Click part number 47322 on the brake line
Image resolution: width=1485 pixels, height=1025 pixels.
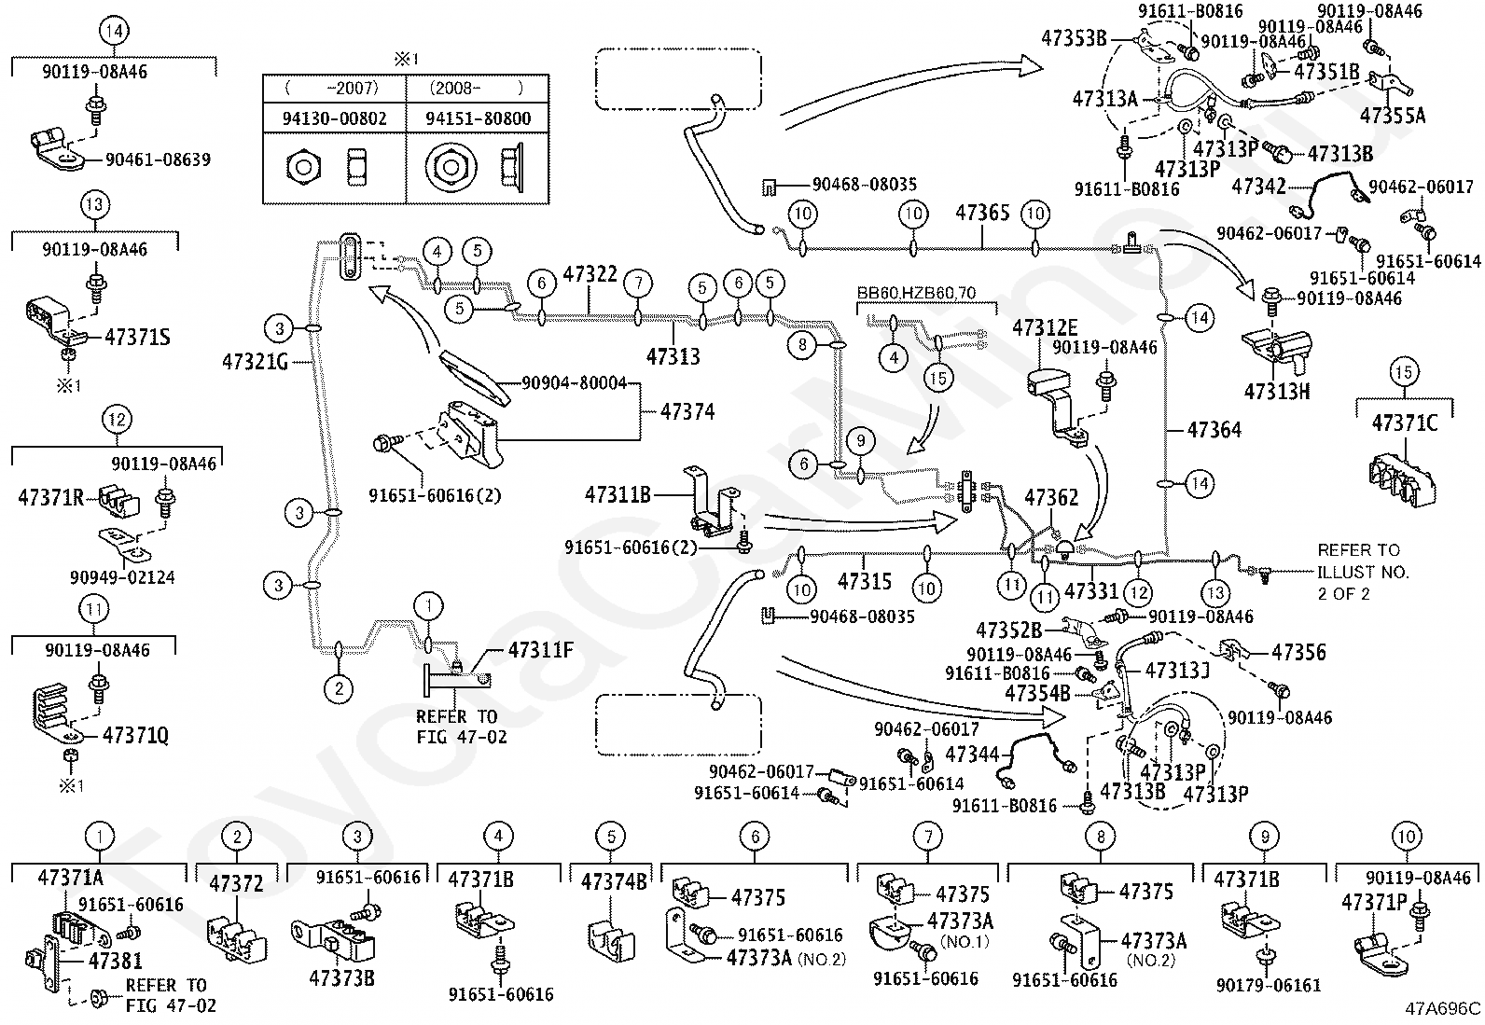click(x=590, y=274)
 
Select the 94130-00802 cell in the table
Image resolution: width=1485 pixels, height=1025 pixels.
click(x=334, y=118)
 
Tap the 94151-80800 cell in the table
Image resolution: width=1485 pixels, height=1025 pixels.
click(x=478, y=118)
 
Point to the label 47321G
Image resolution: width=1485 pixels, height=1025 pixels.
click(x=256, y=362)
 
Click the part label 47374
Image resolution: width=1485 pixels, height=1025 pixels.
click(x=687, y=412)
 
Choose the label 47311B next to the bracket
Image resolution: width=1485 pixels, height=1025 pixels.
click(x=618, y=494)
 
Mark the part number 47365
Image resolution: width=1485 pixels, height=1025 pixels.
click(x=982, y=214)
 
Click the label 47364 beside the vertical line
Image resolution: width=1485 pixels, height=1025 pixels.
click(x=1214, y=430)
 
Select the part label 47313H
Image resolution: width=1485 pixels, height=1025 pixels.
click(x=1277, y=392)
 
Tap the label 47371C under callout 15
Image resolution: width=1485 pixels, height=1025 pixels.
click(x=1404, y=423)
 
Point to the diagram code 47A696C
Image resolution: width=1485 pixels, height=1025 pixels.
click(x=1443, y=1008)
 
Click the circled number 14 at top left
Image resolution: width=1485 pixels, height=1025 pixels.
click(x=114, y=31)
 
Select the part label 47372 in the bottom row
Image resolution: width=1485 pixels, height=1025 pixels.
click(x=236, y=884)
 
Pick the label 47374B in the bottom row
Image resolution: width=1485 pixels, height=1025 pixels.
click(x=613, y=882)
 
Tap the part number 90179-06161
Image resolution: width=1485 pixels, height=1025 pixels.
click(x=1269, y=986)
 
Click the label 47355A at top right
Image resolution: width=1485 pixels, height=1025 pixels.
click(x=1392, y=116)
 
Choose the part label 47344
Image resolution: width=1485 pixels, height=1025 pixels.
click(x=972, y=755)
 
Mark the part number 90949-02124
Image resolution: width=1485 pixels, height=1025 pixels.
click(x=122, y=577)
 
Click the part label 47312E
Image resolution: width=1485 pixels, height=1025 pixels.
click(x=1045, y=327)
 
